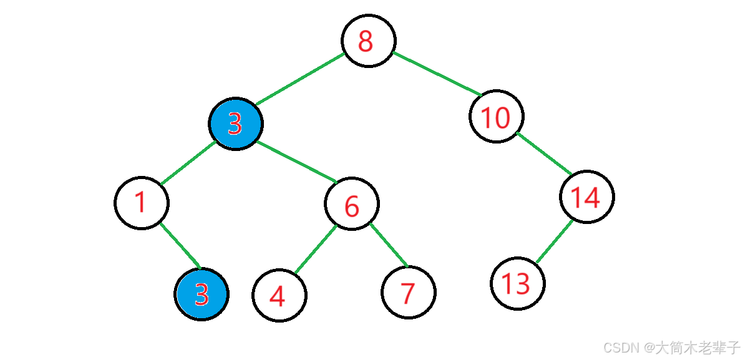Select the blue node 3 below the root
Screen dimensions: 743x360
[x=236, y=124]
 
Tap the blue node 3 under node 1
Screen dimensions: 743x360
[x=202, y=294]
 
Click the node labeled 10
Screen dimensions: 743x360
[x=496, y=116]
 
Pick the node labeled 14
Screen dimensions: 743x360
[x=586, y=197]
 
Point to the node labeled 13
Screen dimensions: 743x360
[x=517, y=283]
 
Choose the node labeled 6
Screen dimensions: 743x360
[x=352, y=203]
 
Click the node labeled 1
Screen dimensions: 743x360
[x=141, y=203]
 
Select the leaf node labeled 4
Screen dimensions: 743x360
[x=279, y=294]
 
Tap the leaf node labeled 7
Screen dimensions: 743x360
[x=409, y=292]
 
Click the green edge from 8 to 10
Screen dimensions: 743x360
[x=437, y=74]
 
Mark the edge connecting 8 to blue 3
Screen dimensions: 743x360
[x=299, y=79]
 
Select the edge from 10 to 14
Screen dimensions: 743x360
[x=544, y=153]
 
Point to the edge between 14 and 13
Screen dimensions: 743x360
[x=554, y=241]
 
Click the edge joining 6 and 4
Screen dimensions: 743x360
[x=315, y=249]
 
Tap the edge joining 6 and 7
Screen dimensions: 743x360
[x=388, y=245]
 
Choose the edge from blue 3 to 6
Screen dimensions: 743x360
[x=296, y=162]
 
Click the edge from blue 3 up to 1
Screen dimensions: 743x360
[x=188, y=163]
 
